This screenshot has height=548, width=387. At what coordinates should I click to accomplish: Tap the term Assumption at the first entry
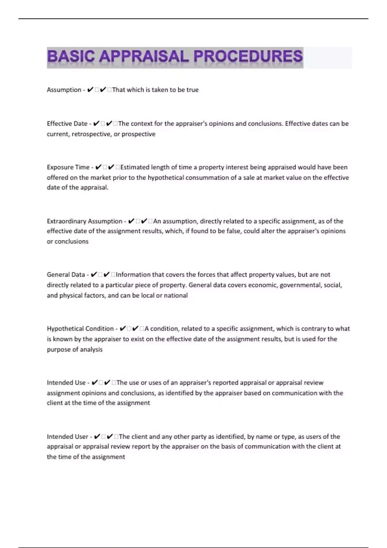pyautogui.click(x=64, y=90)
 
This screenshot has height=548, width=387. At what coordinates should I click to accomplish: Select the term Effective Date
pyautogui.click(x=67, y=124)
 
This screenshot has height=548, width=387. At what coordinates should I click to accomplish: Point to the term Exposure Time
pyautogui.click(x=68, y=167)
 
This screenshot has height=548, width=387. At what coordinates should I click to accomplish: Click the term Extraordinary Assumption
pyautogui.click(x=84, y=221)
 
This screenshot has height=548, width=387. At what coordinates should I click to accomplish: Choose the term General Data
pyautogui.click(x=66, y=275)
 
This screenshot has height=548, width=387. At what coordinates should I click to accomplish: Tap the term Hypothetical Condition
pyautogui.click(x=80, y=329)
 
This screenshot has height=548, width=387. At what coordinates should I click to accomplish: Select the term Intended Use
pyautogui.click(x=66, y=383)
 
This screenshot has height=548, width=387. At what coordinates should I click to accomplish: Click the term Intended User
pyautogui.click(x=67, y=437)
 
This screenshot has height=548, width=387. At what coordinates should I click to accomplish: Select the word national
pyautogui.click(x=176, y=295)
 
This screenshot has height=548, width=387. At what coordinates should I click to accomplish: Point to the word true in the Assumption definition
pyautogui.click(x=193, y=90)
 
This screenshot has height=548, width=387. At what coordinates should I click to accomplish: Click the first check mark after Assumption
pyautogui.click(x=90, y=90)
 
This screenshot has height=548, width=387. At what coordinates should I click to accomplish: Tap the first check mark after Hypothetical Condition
pyautogui.click(x=123, y=329)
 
